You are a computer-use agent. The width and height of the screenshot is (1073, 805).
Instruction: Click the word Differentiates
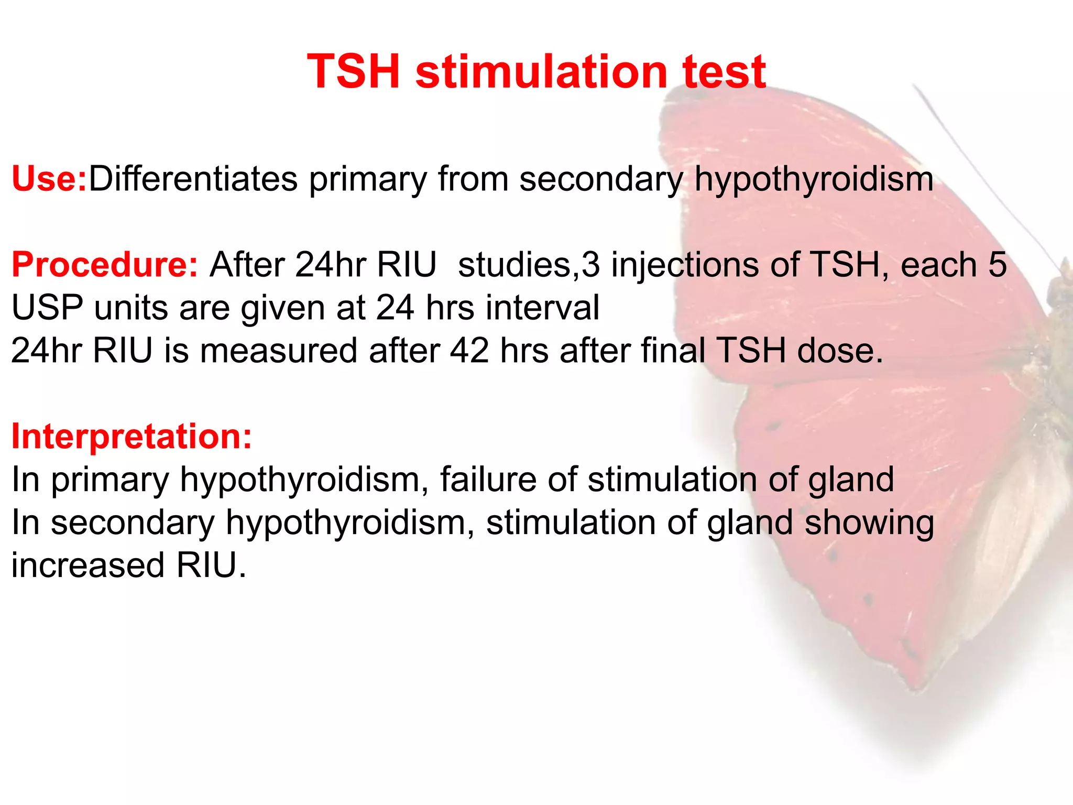193,179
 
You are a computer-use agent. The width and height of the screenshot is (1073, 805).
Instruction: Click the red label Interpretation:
132,437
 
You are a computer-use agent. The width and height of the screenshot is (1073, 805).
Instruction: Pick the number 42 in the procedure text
469,351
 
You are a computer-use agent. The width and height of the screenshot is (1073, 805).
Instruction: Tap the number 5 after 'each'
997,265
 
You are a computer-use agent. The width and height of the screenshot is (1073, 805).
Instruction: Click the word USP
47,308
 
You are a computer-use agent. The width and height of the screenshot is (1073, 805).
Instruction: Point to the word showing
869,524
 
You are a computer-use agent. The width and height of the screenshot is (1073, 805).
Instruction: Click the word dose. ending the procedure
840,351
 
